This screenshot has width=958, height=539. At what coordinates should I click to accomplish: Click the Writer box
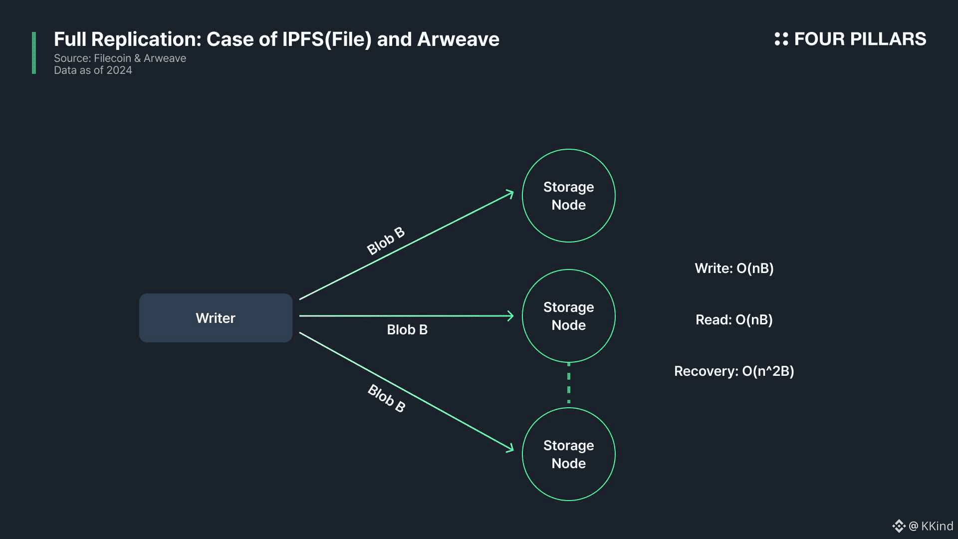(x=216, y=318)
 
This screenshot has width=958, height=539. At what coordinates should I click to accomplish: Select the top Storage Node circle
(x=568, y=196)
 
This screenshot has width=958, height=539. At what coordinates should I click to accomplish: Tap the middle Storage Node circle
(x=568, y=316)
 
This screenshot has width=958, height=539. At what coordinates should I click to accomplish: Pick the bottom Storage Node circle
(x=568, y=454)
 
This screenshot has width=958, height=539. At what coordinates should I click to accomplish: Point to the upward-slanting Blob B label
(x=386, y=241)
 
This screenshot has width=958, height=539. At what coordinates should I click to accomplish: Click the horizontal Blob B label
(x=407, y=330)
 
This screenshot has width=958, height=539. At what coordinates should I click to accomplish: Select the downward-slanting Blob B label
(x=387, y=398)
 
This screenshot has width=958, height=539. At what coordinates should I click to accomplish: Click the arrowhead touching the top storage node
(x=509, y=194)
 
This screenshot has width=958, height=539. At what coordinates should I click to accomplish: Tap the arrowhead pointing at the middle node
(x=510, y=316)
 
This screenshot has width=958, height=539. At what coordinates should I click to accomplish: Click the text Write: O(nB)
(x=734, y=269)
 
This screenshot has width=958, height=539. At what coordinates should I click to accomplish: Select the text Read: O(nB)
(x=734, y=320)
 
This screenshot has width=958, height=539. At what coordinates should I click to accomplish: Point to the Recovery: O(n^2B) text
(x=734, y=371)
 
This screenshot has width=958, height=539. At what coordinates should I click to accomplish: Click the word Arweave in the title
(x=458, y=39)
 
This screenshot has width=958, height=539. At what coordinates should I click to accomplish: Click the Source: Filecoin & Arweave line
(x=120, y=58)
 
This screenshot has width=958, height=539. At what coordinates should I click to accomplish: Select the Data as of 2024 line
(x=93, y=70)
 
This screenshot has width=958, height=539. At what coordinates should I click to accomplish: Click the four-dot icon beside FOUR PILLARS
(x=781, y=39)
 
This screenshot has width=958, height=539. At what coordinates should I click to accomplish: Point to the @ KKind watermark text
(x=931, y=526)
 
